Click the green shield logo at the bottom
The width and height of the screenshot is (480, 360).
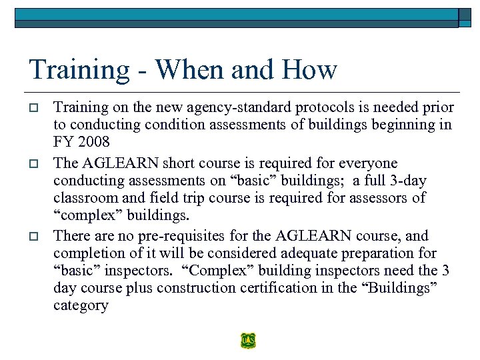pos(248,341)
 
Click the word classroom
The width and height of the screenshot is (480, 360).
pos(83,199)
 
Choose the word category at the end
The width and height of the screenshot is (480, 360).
pos(81,306)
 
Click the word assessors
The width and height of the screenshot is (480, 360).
pos(383,199)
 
